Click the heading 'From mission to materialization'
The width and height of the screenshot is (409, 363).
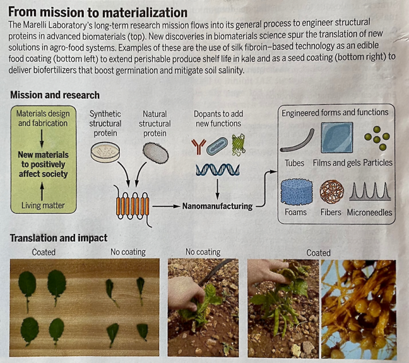coord(98,12)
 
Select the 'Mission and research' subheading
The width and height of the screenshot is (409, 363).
coord(55,95)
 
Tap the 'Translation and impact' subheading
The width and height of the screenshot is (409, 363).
coord(59,238)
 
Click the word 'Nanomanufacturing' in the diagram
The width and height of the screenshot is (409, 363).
coord(216,206)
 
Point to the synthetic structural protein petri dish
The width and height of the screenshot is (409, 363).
coord(104,151)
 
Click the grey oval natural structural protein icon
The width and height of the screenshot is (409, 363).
coord(155,151)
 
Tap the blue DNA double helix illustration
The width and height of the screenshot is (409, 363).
coord(217,169)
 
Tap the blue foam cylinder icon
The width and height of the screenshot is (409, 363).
coord(295,190)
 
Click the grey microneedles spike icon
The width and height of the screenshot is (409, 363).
coord(370,192)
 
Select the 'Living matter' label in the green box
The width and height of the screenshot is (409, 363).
coord(42,206)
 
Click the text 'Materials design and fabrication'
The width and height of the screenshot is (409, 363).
coord(42,118)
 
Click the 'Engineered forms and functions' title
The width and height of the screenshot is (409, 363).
coord(335,113)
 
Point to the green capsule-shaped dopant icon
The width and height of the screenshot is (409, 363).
coord(217,144)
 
